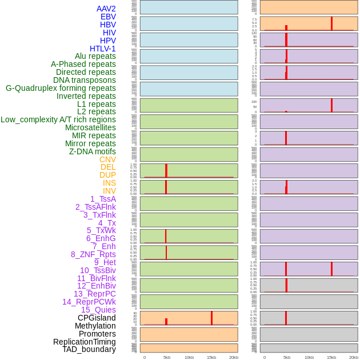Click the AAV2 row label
coord(106,9)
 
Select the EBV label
coord(108,17)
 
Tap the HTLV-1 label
coord(102,49)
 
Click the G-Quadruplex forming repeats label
coord(61,88)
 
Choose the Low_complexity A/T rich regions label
coord(58,119)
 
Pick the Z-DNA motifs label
coord(93,151)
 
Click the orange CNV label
coord(107,159)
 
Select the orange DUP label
coord(107,175)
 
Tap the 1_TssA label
coord(103,199)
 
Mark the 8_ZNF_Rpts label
coord(93,254)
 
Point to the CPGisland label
coord(97,318)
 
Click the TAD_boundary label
coord(89,349)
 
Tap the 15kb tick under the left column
coord(211,357)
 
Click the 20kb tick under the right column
coord(354,357)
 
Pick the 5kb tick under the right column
coord(287,357)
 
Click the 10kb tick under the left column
coord(189,357)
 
